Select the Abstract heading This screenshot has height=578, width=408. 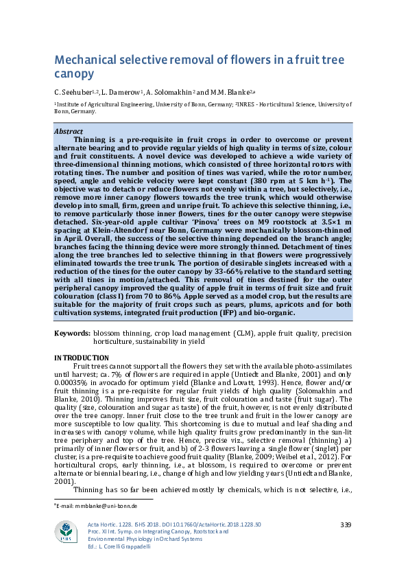click(x=68, y=131)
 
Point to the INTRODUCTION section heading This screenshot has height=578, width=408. click(x=81, y=358)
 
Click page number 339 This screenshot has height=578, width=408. click(x=345, y=524)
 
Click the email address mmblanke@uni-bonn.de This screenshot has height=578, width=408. click(x=100, y=505)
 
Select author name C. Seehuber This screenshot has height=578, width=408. click(x=71, y=93)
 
